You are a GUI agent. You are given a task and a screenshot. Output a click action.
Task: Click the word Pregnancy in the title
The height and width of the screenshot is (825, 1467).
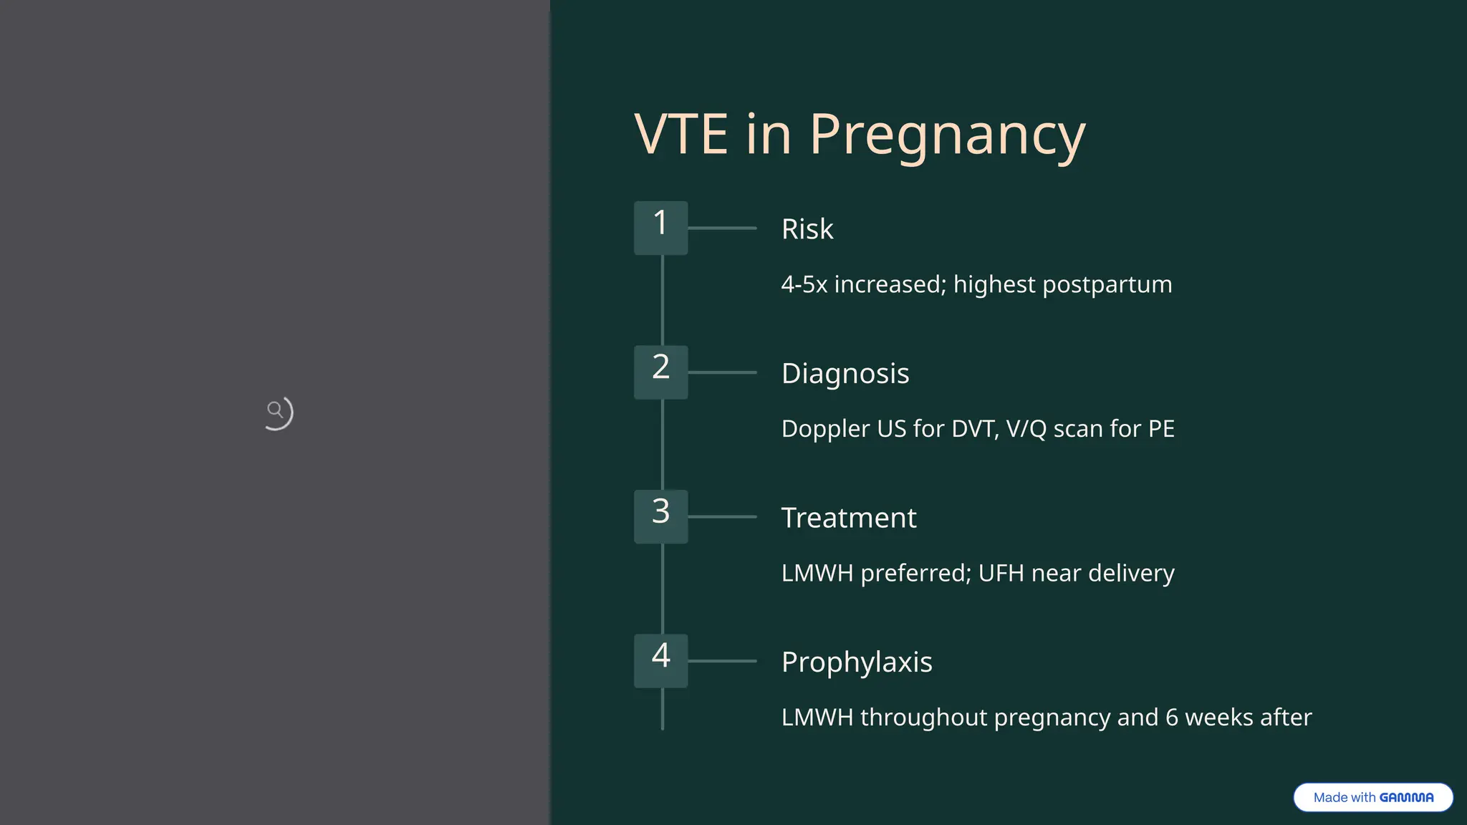tap(947, 135)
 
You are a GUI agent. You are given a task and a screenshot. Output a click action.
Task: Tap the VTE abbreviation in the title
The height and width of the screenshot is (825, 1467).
tap(681, 135)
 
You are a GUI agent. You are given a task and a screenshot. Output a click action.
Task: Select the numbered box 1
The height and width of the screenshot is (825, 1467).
tap(660, 228)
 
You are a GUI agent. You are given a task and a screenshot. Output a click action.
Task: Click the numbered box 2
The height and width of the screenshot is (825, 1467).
tap(660, 372)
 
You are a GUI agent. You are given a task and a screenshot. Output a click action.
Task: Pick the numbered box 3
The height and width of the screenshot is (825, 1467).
tap(660, 516)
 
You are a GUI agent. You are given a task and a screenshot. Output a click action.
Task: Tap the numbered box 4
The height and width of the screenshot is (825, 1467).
tap(660, 660)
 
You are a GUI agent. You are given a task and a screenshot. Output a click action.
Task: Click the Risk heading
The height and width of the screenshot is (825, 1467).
tap(807, 229)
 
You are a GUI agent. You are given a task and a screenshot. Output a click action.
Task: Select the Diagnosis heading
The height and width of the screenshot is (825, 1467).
tap(845, 373)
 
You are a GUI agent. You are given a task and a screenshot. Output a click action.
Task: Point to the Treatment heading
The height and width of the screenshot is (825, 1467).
tap(849, 518)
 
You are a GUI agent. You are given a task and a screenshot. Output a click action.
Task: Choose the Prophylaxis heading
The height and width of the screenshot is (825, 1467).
tap(857, 662)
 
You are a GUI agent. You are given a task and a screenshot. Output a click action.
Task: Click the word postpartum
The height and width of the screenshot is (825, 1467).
tap(1107, 285)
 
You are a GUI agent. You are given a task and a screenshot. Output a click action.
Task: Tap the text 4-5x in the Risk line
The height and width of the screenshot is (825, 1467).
tap(804, 284)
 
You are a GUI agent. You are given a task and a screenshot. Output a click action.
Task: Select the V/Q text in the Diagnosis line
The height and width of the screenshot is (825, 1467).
tap(1026, 428)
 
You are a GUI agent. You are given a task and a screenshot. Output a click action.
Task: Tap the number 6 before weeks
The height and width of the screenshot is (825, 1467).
tap(1172, 717)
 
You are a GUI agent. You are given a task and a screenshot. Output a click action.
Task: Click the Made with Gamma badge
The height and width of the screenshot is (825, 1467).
tap(1372, 797)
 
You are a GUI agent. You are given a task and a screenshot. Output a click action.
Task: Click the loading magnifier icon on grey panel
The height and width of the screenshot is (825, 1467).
tap(277, 412)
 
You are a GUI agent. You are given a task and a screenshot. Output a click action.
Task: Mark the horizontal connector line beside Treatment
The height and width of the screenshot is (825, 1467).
tap(722, 516)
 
